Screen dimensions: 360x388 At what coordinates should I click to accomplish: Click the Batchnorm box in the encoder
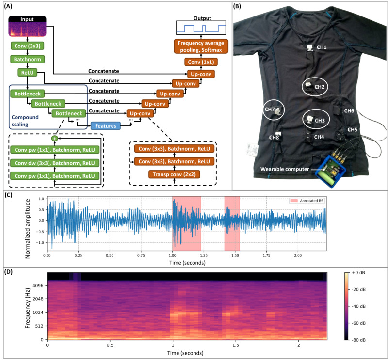[27, 59]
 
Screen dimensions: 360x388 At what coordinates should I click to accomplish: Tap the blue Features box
[106, 125]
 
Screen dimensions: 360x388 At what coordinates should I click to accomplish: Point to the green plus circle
[54, 138]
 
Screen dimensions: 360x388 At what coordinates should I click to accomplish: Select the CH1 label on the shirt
[322, 47]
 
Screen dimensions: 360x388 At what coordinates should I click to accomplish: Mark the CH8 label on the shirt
[274, 138]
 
